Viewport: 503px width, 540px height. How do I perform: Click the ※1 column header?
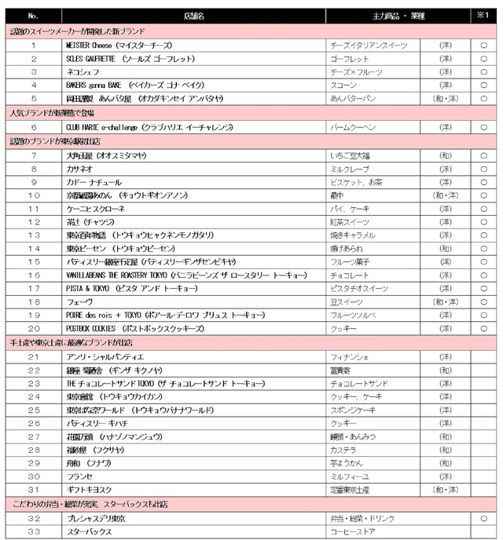coord(483,16)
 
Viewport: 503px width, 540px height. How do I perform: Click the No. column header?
coord(33,16)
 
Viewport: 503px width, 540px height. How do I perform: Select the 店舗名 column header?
coord(194,16)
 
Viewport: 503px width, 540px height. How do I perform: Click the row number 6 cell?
coord(33,127)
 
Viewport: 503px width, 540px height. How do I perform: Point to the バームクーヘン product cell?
coord(354,127)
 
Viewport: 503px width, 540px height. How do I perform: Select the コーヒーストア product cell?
coord(354,531)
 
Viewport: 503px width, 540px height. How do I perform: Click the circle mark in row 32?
coord(483,519)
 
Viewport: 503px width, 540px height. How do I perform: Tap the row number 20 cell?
coord(33,328)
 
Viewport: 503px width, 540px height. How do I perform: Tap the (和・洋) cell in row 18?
coord(446,301)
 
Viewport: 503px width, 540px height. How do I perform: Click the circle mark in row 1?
coord(483,46)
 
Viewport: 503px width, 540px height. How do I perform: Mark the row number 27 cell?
coord(33,437)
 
